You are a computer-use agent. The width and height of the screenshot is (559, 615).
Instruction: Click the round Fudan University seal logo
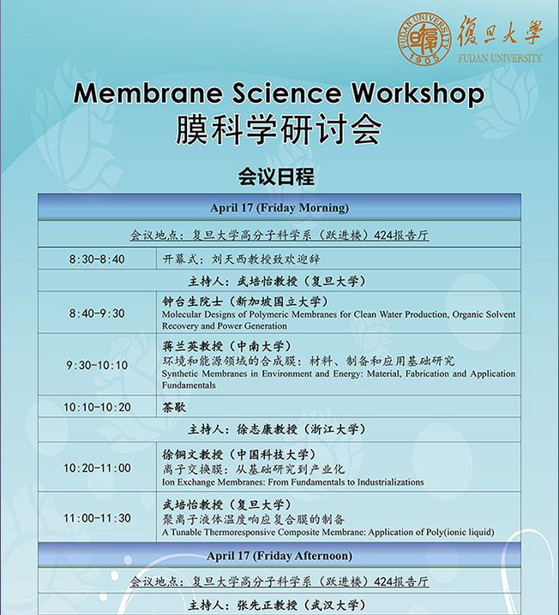coord(424,39)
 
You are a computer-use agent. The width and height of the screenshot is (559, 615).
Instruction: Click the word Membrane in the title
coord(147,93)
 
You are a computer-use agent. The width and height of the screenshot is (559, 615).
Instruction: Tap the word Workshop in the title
coord(418,94)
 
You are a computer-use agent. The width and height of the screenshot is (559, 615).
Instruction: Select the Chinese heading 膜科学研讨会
coord(279,130)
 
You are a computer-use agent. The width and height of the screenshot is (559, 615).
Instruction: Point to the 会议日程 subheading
coord(276,176)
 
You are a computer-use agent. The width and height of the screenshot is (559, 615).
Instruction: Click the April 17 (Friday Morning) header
coord(279,207)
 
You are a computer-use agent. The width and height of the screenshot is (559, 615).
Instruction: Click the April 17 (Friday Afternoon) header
coord(279,556)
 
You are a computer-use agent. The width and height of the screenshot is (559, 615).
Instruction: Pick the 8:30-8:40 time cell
coord(97,259)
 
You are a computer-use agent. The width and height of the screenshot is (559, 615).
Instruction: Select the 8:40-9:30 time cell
coord(97,313)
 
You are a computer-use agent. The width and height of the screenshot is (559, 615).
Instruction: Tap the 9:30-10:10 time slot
coord(97,365)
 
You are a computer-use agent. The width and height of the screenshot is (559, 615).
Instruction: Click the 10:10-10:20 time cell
coord(97,407)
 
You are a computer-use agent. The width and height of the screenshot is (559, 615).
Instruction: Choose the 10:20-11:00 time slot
coord(97,468)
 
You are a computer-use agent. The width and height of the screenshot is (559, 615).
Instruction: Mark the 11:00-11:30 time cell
coord(97,518)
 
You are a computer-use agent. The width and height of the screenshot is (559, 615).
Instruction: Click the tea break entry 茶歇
coord(174,407)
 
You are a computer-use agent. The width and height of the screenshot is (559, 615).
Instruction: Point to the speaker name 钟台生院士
coord(192,302)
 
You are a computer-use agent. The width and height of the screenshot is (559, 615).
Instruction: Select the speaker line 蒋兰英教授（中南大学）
coord(227,346)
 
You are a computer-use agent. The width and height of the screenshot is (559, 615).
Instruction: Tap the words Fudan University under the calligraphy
coord(500,58)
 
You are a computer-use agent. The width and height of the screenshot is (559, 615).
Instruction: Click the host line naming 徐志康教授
coord(277,429)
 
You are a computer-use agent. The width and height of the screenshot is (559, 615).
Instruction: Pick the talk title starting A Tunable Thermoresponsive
coord(328,532)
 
